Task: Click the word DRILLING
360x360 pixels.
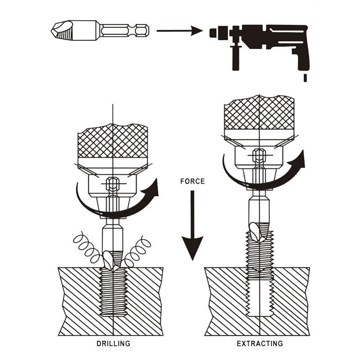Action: point(113,344)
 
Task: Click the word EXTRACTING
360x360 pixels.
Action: point(260,344)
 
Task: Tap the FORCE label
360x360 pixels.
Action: point(193,181)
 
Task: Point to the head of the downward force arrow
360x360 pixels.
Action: point(193,248)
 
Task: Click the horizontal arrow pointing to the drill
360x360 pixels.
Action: point(180,31)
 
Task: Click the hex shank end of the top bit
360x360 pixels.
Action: point(142,31)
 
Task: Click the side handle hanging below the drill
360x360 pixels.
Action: point(236,58)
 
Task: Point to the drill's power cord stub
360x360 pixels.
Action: point(305,78)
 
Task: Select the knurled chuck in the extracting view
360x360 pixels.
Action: point(259,112)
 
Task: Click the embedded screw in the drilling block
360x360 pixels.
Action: point(113,291)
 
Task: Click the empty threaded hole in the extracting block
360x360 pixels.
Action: point(259,297)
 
